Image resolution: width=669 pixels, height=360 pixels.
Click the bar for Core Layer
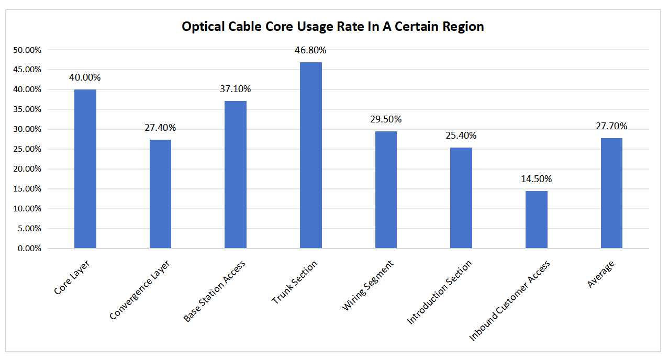85,168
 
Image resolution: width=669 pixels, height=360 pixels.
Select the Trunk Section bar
310,155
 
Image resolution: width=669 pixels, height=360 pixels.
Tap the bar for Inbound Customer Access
536,219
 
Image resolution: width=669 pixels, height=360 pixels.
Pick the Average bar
611,193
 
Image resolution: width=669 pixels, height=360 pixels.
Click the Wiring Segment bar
386,189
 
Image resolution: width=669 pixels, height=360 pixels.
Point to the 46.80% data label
310,50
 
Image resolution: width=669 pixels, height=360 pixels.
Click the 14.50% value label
536,179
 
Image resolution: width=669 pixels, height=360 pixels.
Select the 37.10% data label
235,89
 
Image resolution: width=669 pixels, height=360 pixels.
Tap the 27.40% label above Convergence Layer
160,128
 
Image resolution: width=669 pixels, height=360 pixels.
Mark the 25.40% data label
461,136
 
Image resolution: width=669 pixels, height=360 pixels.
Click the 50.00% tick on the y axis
26,50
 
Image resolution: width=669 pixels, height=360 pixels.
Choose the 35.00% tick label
26,109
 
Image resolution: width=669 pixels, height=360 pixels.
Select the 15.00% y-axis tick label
26,189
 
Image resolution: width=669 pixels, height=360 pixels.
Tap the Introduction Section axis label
440,291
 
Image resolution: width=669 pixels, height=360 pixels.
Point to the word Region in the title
465,27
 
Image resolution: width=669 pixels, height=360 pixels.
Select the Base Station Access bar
235,174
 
